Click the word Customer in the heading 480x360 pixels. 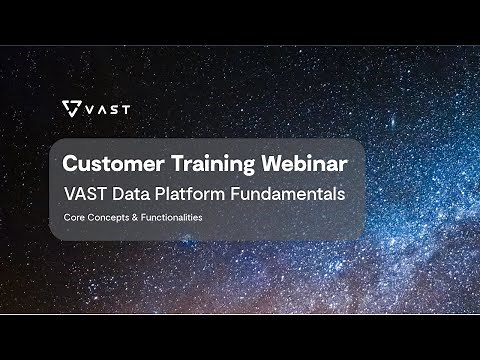click(x=107, y=162)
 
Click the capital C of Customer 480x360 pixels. click(x=70, y=162)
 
